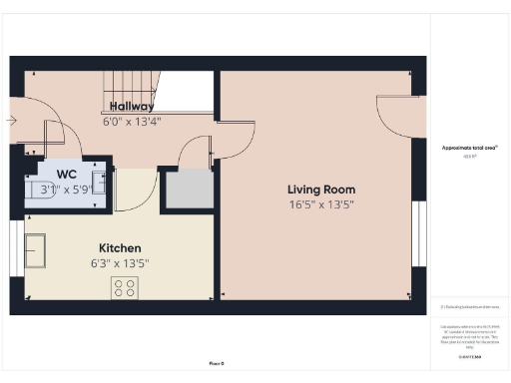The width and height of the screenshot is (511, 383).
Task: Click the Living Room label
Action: click(x=321, y=190)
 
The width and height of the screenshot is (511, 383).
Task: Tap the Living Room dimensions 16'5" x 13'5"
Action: click(x=321, y=204)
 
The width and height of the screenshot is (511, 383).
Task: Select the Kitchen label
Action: click(x=119, y=247)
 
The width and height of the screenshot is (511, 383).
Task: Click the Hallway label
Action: click(x=131, y=106)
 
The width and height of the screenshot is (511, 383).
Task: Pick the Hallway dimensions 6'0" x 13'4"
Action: click(x=131, y=121)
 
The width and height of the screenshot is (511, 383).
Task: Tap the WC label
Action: click(x=67, y=173)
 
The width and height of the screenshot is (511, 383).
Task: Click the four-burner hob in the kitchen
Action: click(x=125, y=287)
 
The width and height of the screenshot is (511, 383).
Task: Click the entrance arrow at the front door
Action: click(x=11, y=121)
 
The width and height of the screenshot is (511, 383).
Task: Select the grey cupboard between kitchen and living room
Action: click(x=189, y=189)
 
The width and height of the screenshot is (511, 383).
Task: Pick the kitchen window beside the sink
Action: click(x=17, y=244)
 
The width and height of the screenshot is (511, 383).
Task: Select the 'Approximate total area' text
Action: click(x=469, y=148)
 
